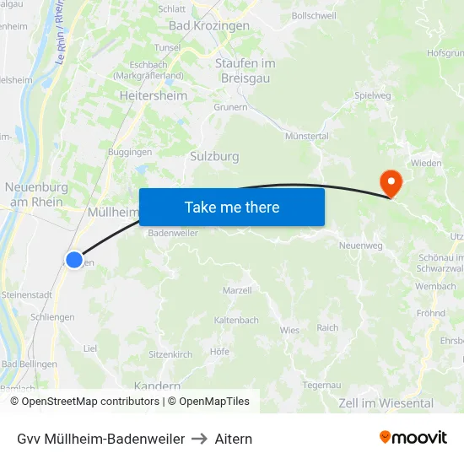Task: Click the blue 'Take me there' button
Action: (x=232, y=207)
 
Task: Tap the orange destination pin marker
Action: (x=391, y=182)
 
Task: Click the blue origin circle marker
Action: (x=74, y=260)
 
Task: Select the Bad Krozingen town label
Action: (x=209, y=26)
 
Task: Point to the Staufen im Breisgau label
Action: (x=245, y=71)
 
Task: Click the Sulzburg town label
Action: (x=214, y=156)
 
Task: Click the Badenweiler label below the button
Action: (x=172, y=234)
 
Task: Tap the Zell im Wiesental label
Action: (x=386, y=403)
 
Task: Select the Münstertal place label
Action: (x=307, y=136)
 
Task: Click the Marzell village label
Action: (x=237, y=290)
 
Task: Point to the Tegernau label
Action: (x=321, y=385)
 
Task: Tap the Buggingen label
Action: (x=130, y=152)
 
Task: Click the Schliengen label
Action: (x=52, y=317)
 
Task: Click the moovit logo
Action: (x=413, y=438)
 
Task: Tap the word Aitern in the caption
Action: (x=234, y=439)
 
